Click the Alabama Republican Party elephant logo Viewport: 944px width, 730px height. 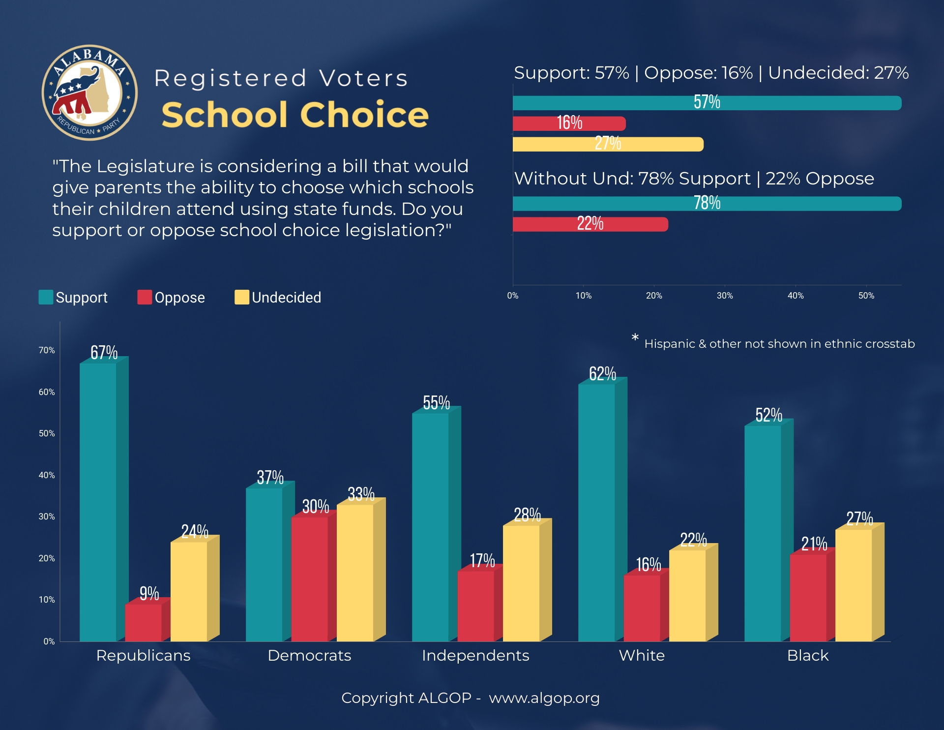[x=89, y=93]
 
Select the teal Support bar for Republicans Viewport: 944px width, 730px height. [x=98, y=502]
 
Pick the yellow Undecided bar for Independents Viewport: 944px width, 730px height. [x=521, y=583]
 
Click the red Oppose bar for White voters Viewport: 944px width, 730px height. [x=642, y=608]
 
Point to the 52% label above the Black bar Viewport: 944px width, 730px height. [x=768, y=415]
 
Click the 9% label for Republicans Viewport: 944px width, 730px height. [x=149, y=594]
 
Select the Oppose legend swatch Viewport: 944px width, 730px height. [x=145, y=297]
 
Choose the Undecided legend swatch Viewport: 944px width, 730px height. [x=242, y=297]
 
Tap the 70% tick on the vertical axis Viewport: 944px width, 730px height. [x=47, y=350]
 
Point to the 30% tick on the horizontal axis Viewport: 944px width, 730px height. [x=725, y=296]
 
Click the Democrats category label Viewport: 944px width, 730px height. [x=309, y=655]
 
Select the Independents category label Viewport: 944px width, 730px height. [x=475, y=655]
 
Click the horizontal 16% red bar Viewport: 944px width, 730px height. [x=569, y=123]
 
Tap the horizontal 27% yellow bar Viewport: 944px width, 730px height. [x=608, y=144]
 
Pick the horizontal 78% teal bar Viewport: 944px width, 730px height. [x=707, y=204]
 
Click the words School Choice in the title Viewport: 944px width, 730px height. [x=295, y=115]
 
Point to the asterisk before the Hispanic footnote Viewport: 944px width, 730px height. [x=635, y=337]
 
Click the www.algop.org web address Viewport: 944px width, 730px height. [x=544, y=698]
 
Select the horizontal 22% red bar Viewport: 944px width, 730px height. [x=590, y=224]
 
